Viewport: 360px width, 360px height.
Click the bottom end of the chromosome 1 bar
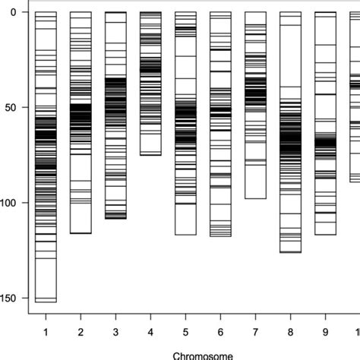point(46,302)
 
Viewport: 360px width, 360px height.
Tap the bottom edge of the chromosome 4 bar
point(150,155)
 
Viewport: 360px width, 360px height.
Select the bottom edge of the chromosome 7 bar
point(255,198)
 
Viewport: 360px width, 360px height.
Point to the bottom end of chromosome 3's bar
point(115,219)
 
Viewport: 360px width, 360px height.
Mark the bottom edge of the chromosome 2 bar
point(81,232)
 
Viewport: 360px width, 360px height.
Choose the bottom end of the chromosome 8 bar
point(290,251)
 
